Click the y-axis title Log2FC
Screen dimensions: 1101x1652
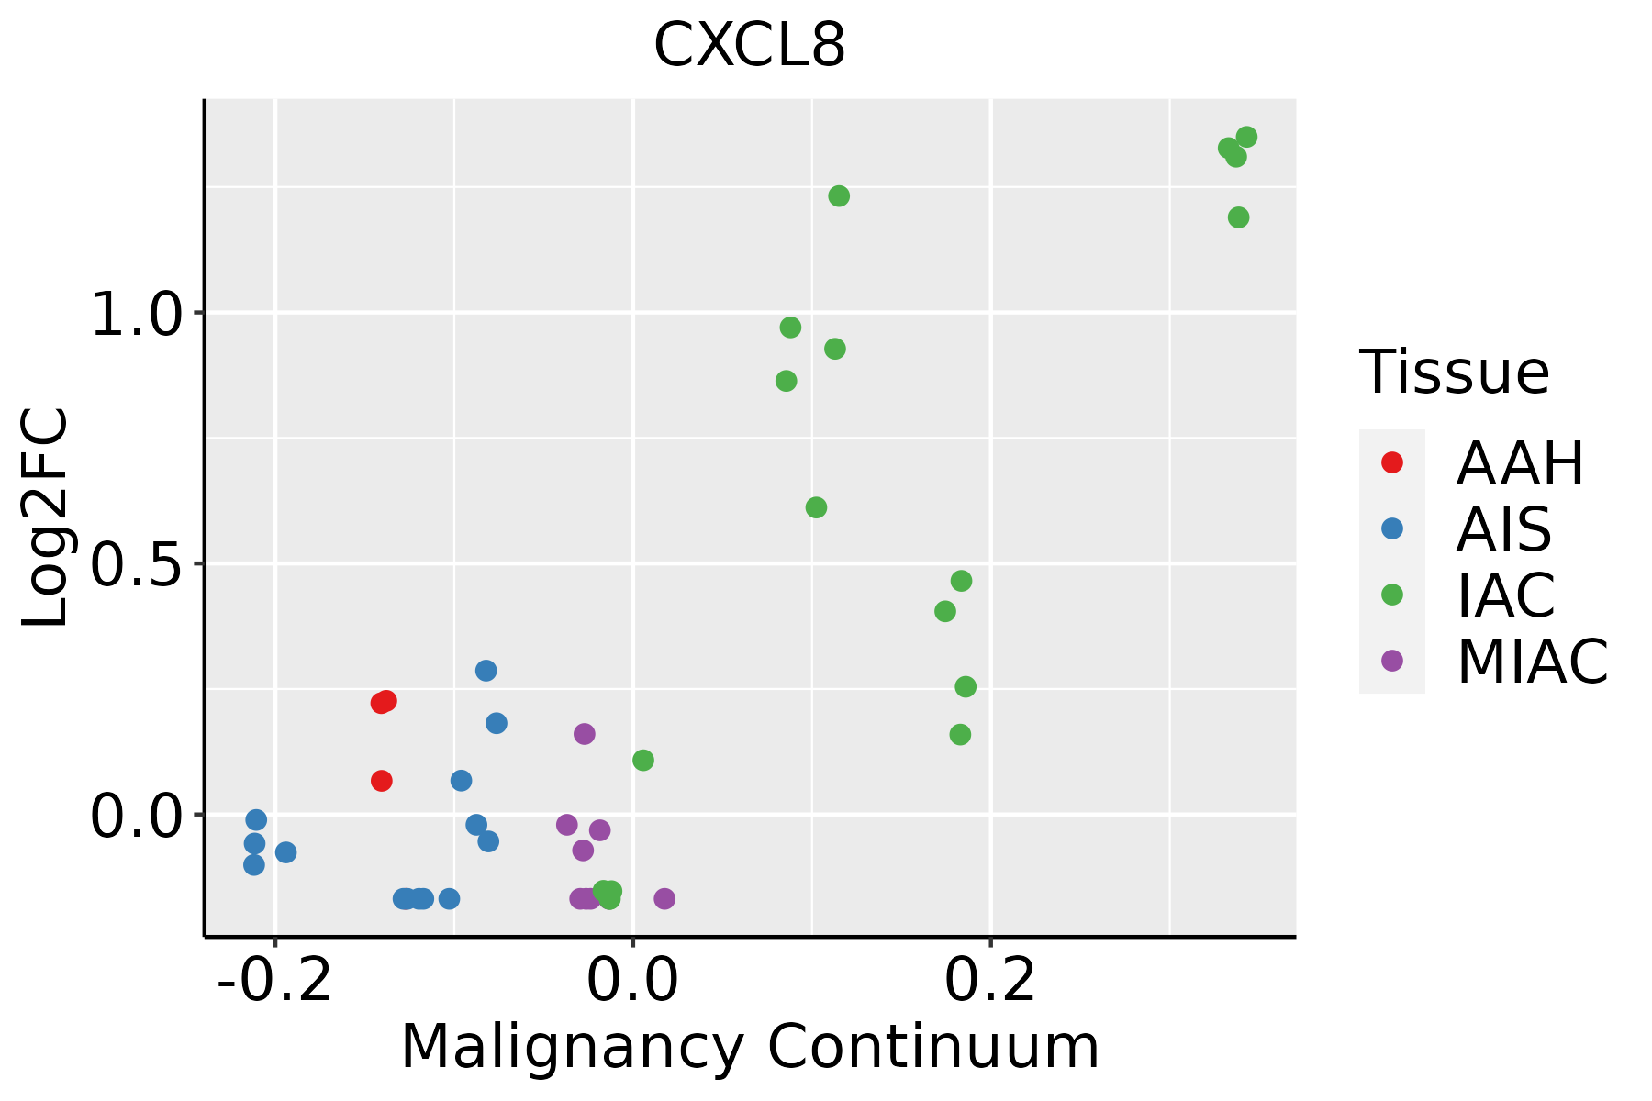[46, 518]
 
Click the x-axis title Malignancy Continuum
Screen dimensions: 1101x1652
[749, 1047]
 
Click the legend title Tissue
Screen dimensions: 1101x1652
[1455, 373]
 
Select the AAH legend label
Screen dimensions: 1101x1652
[1520, 463]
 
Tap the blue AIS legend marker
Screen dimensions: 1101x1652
[1392, 528]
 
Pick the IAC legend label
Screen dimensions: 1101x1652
[1506, 595]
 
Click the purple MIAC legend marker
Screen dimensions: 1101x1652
[1392, 661]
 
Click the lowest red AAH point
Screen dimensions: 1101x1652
[382, 781]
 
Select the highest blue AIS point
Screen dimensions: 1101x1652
[486, 671]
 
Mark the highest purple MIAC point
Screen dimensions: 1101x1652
[585, 734]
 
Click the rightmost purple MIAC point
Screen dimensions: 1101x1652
[664, 898]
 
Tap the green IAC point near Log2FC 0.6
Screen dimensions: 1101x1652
[816, 507]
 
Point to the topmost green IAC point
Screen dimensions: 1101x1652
[1246, 138]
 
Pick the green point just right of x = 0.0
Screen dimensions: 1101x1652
[643, 760]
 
